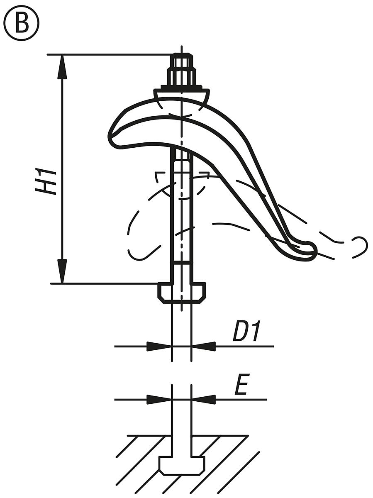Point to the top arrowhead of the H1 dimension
(62, 66)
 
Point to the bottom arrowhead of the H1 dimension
(62, 271)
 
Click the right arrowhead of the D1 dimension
(203, 346)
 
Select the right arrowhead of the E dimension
(203, 400)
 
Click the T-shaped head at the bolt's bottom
(181, 291)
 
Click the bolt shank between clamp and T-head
(181, 216)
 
